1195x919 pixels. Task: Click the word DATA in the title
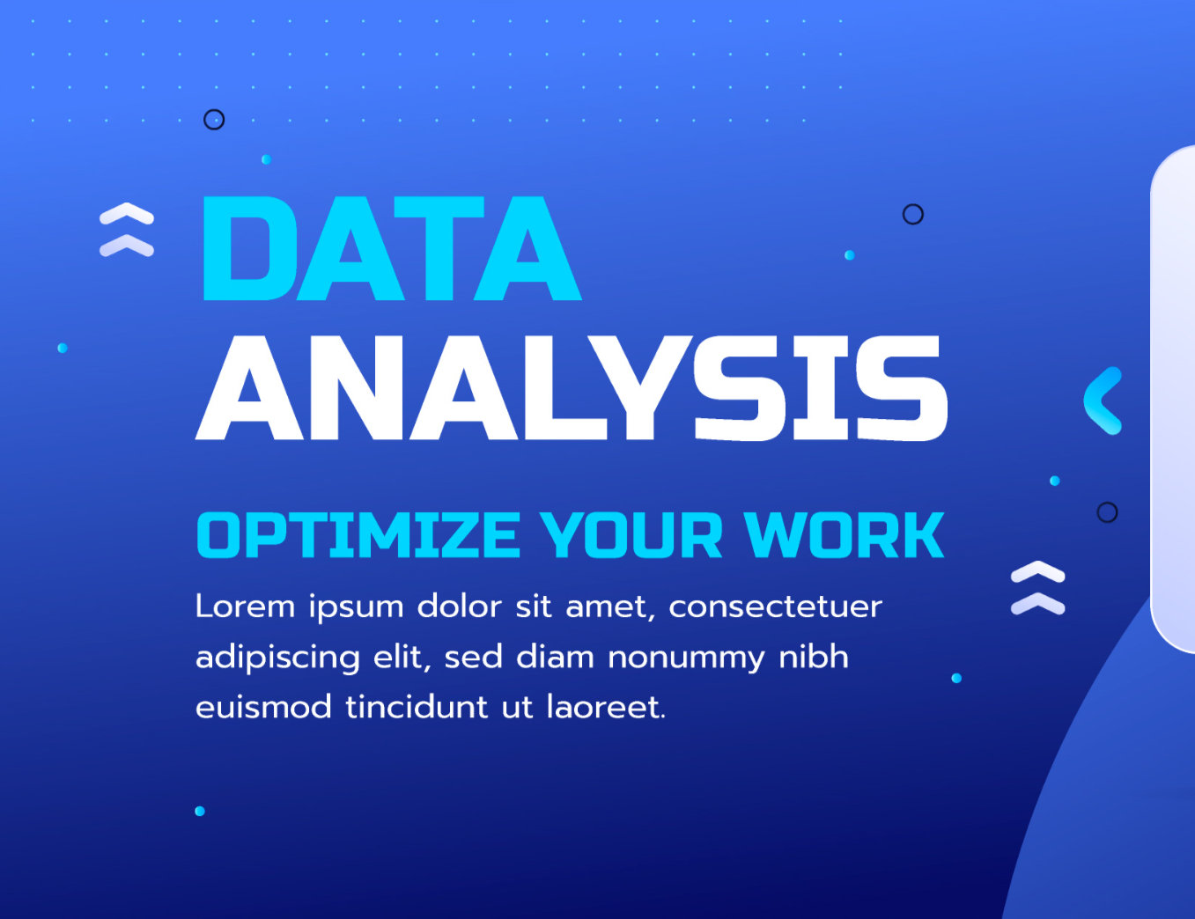tap(390, 249)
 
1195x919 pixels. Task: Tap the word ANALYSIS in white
tap(572, 388)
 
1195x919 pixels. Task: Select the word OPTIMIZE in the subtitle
tap(358, 535)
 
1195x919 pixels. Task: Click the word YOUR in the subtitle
tap(631, 535)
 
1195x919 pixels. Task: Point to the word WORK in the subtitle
tap(844, 535)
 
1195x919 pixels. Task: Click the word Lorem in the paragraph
tap(245, 607)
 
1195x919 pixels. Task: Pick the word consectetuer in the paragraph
tap(775, 607)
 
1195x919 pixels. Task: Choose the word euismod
tap(262, 707)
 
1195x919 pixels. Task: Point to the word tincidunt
tap(416, 707)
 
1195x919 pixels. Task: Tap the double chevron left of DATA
tap(127, 230)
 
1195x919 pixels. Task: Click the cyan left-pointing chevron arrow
tap(1103, 401)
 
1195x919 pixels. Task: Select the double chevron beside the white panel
tap(1037, 587)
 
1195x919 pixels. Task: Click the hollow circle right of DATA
tap(913, 214)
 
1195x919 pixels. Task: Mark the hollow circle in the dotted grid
tap(214, 120)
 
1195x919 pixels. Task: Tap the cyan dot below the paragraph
tap(200, 811)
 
